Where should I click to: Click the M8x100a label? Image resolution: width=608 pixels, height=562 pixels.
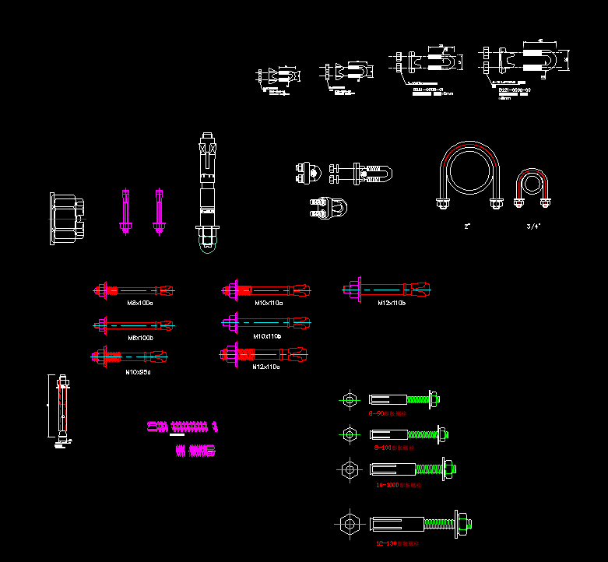click(x=140, y=303)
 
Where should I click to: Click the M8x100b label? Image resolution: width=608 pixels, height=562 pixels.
click(x=140, y=338)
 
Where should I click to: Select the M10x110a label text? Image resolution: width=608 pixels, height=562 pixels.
click(x=269, y=303)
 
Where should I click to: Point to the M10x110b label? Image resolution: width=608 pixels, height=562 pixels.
click(x=268, y=336)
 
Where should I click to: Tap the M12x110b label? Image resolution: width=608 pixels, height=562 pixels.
click(x=392, y=303)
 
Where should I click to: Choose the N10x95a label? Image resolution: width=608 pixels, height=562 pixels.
click(x=139, y=372)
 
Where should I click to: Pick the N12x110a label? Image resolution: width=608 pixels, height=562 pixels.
click(x=266, y=367)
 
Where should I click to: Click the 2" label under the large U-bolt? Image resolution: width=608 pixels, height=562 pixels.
click(x=468, y=227)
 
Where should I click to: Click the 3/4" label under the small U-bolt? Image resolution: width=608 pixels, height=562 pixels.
click(x=533, y=227)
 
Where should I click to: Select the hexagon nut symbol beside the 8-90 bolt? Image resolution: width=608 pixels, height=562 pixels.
click(x=349, y=400)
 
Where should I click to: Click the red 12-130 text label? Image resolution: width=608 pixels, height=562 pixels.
click(x=397, y=543)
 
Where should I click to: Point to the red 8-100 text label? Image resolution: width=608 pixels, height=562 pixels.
click(x=394, y=448)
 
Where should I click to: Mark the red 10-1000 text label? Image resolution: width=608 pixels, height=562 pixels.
click(x=398, y=485)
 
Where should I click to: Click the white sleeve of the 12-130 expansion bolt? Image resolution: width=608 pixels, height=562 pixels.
click(x=396, y=523)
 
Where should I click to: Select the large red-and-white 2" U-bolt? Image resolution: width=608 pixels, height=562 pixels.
click(x=468, y=174)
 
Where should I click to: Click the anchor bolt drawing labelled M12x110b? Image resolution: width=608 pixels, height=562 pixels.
click(x=386, y=290)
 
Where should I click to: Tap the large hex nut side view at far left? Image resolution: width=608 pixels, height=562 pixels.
click(x=66, y=219)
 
